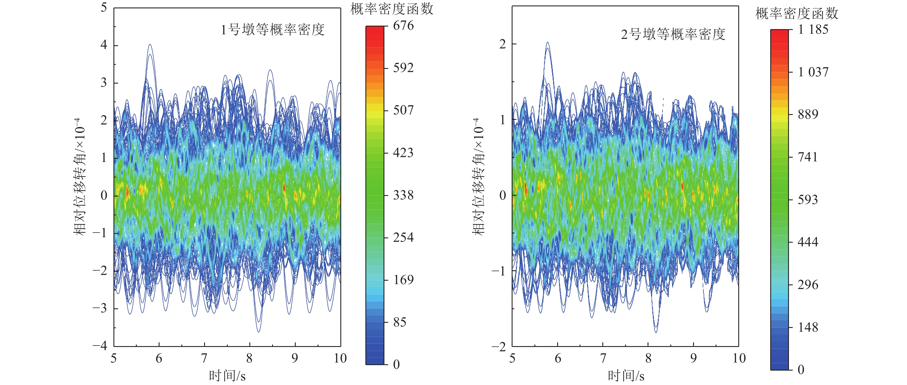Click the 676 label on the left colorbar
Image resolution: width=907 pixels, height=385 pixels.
click(403, 26)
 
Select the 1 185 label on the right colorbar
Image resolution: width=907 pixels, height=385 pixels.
click(813, 30)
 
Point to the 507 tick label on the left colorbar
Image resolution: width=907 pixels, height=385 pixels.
click(403, 110)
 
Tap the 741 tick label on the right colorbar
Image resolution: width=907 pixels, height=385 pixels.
click(808, 157)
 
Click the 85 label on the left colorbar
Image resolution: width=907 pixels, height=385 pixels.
click(400, 322)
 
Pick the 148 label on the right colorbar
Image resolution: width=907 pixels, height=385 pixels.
click(808, 328)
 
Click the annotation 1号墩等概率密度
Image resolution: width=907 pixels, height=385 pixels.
click(272, 30)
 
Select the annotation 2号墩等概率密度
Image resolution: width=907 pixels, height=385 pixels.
click(673, 35)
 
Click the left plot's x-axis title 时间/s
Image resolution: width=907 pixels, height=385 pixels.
click(227, 376)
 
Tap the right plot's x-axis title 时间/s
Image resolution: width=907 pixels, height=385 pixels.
click(626, 376)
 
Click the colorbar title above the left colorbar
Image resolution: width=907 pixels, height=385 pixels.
click(392, 9)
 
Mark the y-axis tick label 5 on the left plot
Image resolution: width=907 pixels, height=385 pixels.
click(104, 7)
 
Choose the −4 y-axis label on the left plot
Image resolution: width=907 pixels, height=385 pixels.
click(100, 346)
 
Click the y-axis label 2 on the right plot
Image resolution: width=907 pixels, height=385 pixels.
click(502, 44)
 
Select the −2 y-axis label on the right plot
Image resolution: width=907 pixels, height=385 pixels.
click(499, 347)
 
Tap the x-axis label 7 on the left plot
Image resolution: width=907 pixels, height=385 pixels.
click(204, 358)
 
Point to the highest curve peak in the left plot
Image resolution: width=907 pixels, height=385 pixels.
click(150, 45)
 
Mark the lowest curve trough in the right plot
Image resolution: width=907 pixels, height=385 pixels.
click(656, 332)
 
